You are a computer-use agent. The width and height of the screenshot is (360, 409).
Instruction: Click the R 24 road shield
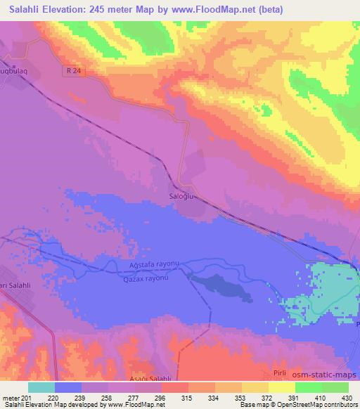[77, 72]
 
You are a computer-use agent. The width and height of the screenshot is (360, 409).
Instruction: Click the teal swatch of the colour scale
[41, 387]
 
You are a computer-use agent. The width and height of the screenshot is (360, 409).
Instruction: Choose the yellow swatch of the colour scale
[281, 387]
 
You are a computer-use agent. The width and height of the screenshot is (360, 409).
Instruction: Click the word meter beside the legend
[11, 398]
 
